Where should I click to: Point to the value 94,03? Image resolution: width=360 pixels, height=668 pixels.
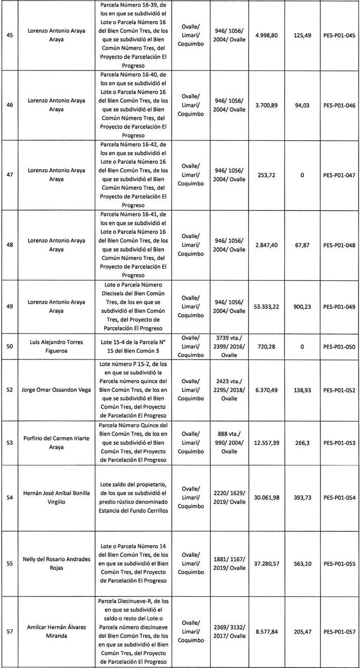(x=302, y=105)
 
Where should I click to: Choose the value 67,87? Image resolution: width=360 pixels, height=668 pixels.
(x=302, y=245)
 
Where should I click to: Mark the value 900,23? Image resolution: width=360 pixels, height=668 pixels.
(x=302, y=306)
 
